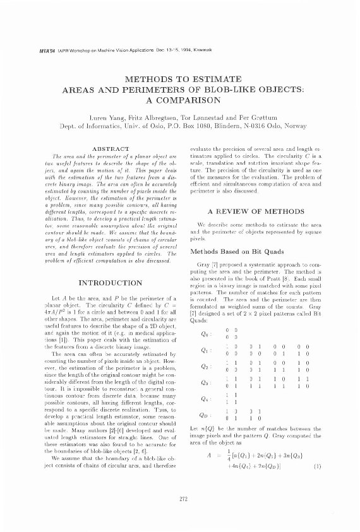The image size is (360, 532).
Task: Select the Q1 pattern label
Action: (202, 350)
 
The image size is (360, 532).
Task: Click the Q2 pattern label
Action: (202, 365)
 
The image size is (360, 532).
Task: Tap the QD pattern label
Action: (202, 414)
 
